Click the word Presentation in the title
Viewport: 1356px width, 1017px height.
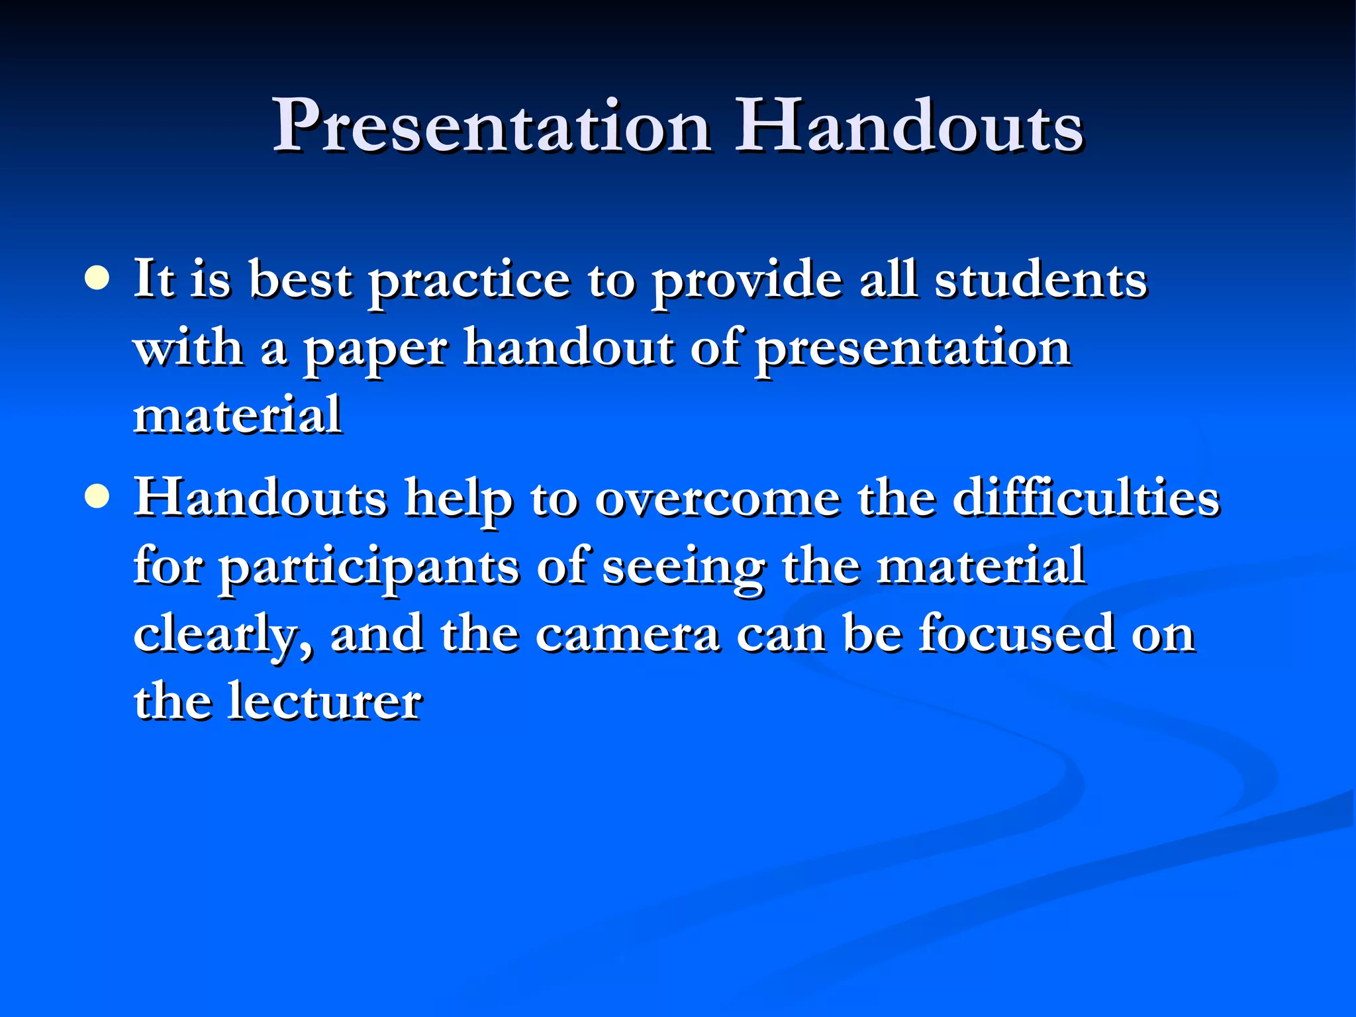pyautogui.click(x=492, y=126)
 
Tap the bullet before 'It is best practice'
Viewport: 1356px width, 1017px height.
pyautogui.click(x=97, y=278)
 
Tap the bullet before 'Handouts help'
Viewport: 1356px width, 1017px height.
pyautogui.click(x=97, y=497)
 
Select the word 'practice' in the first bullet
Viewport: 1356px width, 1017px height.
pyautogui.click(x=469, y=281)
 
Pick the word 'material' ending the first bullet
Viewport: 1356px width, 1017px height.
pyautogui.click(x=238, y=415)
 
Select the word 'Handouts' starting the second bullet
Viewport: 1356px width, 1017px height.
pyautogui.click(x=260, y=498)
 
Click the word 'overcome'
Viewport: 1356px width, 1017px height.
pyautogui.click(x=717, y=500)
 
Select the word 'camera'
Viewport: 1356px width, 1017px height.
pyautogui.click(x=627, y=634)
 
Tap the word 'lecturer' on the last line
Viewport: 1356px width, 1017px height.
pyautogui.click(x=324, y=701)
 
